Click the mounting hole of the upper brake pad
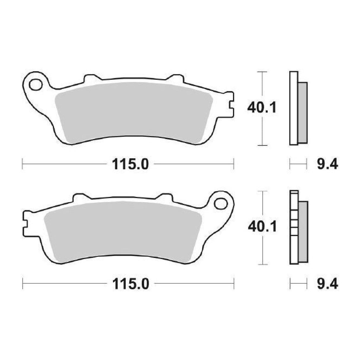pyautogui.click(x=36, y=85)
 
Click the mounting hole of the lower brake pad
pyautogui.click(x=221, y=203)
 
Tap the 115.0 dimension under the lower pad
pyautogui.click(x=130, y=284)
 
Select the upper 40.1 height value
pyautogui.click(x=262, y=108)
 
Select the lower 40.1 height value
pyautogui.click(x=262, y=227)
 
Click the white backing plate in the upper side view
pyautogui.click(x=293, y=108)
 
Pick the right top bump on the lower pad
pyautogui.click(x=164, y=197)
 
